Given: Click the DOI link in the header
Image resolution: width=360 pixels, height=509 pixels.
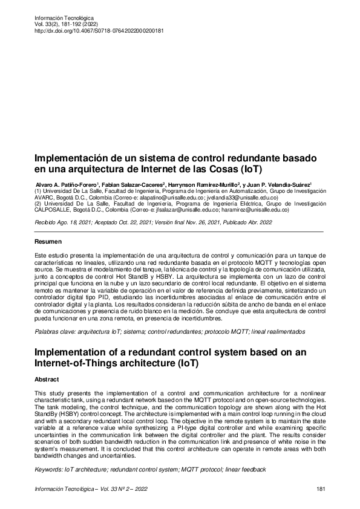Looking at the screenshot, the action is click(x=100, y=30).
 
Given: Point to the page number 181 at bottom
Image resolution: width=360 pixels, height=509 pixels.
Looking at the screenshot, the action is click(x=321, y=488).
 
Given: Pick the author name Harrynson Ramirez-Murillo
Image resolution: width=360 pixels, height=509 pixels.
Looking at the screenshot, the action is click(x=206, y=184).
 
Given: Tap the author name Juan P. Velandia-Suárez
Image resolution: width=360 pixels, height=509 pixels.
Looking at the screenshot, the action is click(x=282, y=184).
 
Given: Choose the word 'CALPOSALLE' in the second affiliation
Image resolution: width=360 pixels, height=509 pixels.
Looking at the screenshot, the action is click(x=54, y=210).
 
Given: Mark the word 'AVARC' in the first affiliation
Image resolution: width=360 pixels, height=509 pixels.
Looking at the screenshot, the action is click(x=45, y=197).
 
